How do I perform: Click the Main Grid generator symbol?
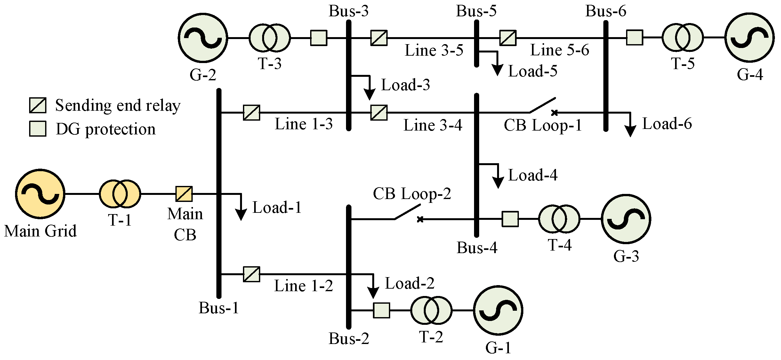(x=40, y=194)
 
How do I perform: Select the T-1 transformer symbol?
(x=120, y=194)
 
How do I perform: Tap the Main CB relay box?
(x=184, y=194)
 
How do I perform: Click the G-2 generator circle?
(x=203, y=38)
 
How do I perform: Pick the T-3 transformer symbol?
(x=270, y=38)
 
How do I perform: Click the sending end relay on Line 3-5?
(x=379, y=38)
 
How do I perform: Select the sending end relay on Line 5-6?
(x=508, y=38)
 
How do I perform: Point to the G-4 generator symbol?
(x=750, y=38)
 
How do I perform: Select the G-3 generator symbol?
(x=626, y=219)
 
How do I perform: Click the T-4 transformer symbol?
(x=559, y=219)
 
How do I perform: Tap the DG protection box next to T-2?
(x=382, y=310)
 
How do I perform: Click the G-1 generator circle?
(x=498, y=310)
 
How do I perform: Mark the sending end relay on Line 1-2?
(x=252, y=274)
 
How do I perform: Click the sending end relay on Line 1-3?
(x=252, y=113)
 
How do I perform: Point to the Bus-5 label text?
(x=476, y=11)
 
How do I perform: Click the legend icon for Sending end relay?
(x=38, y=105)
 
